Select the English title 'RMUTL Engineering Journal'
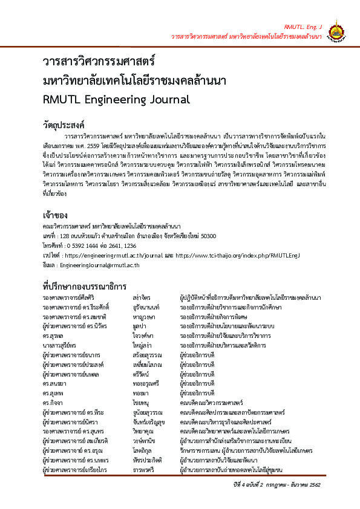point(116,99)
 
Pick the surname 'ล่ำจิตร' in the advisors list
point(142,299)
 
